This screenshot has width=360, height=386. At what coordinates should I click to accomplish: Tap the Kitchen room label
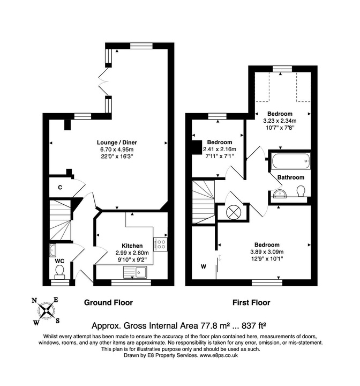(131, 246)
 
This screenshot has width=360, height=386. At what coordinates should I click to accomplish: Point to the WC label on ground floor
(60, 262)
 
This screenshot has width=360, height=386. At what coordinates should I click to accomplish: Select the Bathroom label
(291, 177)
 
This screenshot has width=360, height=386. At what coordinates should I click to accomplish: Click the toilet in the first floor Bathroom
(301, 191)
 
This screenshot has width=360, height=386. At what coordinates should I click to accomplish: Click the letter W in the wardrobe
(202, 265)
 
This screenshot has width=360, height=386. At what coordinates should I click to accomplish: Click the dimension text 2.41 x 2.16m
(219, 149)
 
